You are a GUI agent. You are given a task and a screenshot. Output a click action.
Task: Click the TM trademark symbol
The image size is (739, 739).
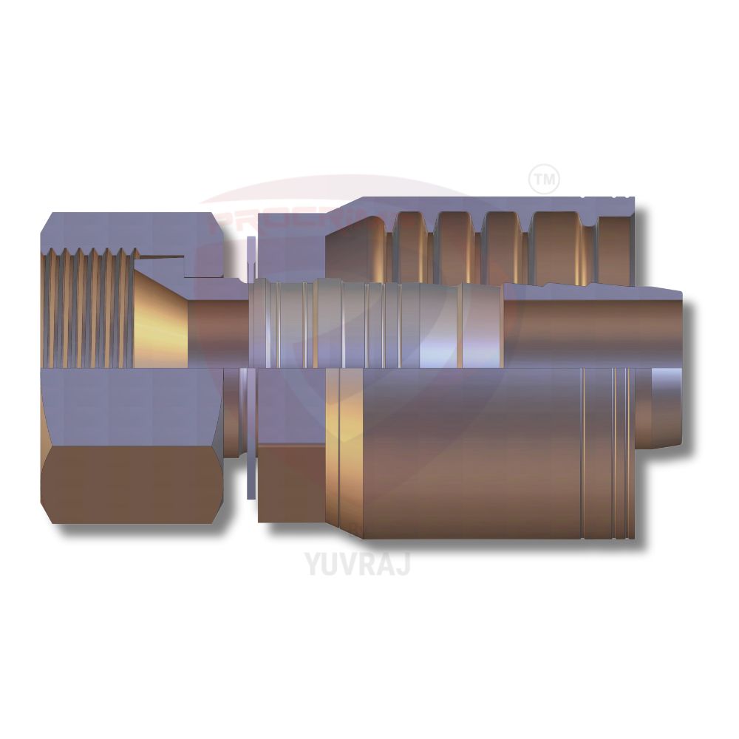(x=545, y=179)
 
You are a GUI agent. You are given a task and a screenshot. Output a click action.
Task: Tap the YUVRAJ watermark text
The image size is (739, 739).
(x=357, y=563)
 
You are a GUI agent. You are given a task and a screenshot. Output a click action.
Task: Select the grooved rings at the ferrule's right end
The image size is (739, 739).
(x=610, y=451)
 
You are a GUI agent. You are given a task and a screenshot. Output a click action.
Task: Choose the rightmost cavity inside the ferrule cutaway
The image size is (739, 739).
(x=616, y=240)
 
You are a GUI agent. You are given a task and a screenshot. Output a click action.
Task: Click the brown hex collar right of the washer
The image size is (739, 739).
(x=292, y=480)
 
